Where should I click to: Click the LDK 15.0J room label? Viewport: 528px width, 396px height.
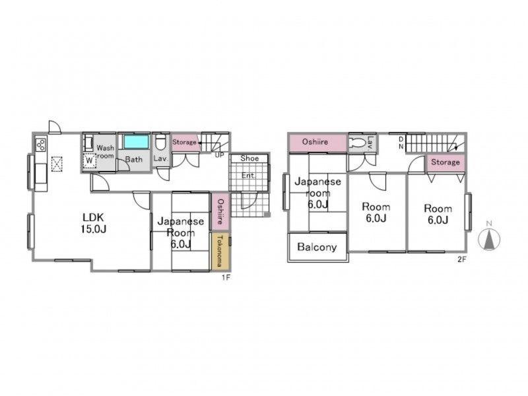click(x=94, y=223)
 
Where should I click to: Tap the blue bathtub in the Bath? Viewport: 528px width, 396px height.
click(x=136, y=142)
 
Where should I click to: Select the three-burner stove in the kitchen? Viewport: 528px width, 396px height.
click(x=41, y=144)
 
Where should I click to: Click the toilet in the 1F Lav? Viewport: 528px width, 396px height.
click(x=160, y=143)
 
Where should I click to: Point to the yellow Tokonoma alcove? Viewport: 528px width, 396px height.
click(x=220, y=251)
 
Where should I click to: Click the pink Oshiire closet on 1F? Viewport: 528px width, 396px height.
click(x=220, y=211)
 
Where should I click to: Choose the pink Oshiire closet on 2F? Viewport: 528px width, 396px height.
click(x=317, y=143)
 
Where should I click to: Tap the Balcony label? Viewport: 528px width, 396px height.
click(x=317, y=247)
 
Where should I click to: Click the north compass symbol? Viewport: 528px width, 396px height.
click(x=489, y=237)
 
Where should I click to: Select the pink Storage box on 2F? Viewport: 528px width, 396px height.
click(x=445, y=163)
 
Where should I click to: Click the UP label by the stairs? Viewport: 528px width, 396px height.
click(x=219, y=155)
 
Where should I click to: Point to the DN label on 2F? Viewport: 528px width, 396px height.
click(x=401, y=143)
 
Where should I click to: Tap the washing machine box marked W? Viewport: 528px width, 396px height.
click(x=89, y=160)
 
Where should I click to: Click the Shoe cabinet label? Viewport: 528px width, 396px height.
click(x=249, y=158)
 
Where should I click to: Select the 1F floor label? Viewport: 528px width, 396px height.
click(x=226, y=278)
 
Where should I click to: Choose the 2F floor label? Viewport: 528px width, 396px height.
click(x=461, y=259)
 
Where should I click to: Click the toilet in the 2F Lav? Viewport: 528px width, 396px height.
click(x=357, y=143)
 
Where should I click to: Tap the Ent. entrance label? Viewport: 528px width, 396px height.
click(x=249, y=176)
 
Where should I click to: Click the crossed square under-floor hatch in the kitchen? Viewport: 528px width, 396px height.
click(x=57, y=164)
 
